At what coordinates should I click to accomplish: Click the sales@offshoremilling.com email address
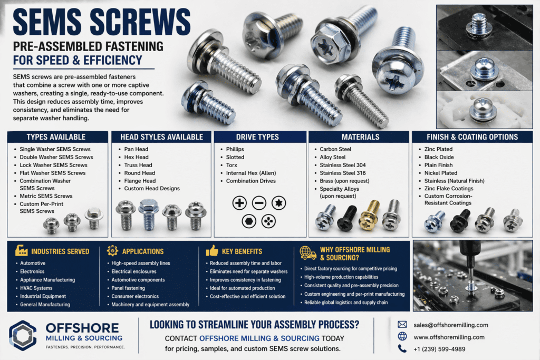tap(451, 325)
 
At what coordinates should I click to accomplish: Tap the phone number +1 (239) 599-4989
tap(439, 349)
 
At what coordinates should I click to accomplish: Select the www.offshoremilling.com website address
tap(449, 337)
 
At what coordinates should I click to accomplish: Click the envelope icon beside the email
tap(402, 325)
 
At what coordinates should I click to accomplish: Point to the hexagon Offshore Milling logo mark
tap(23, 336)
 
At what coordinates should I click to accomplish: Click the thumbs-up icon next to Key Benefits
tap(212, 250)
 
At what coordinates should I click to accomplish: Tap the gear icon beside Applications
tap(112, 250)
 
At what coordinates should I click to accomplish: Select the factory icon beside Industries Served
tap(21, 250)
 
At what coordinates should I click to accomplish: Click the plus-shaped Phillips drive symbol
tap(239, 203)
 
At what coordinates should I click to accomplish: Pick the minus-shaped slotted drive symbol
tap(259, 203)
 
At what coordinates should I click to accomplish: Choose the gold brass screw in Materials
tap(370, 216)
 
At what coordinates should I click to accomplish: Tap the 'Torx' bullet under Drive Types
tap(232, 165)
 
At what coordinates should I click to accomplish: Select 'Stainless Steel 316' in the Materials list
tap(343, 173)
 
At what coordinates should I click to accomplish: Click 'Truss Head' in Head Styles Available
tap(138, 165)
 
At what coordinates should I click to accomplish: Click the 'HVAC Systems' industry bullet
tap(36, 288)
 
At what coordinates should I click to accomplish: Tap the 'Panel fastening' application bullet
tap(128, 288)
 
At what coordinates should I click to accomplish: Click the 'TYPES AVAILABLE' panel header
tap(56, 137)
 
